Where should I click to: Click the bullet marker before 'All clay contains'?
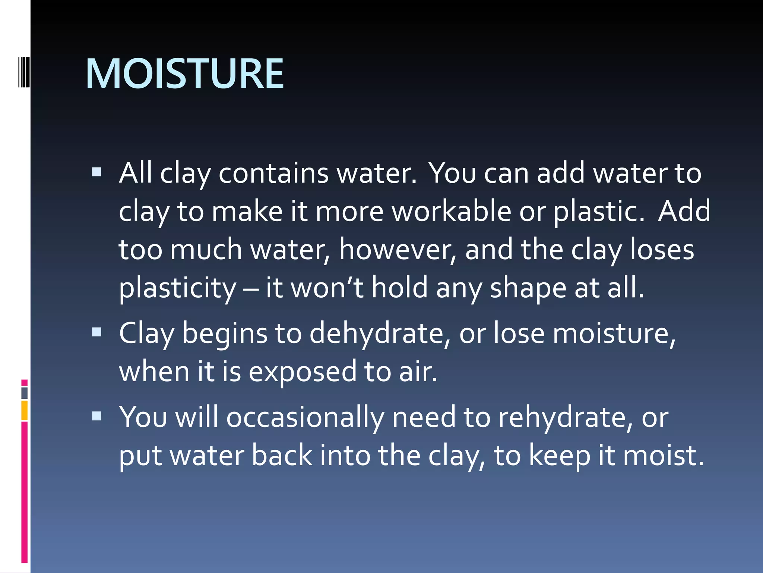click(96, 172)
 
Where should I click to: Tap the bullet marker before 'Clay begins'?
click(96, 332)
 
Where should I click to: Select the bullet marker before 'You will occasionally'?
click(96, 416)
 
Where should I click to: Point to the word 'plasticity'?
click(178, 288)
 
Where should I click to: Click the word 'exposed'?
click(303, 372)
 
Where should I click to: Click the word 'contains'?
click(273, 173)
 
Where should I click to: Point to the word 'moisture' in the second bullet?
click(614, 333)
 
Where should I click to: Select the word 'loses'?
click(662, 250)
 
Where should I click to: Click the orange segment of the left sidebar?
click(25, 410)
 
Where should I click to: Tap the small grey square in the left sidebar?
click(25, 393)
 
